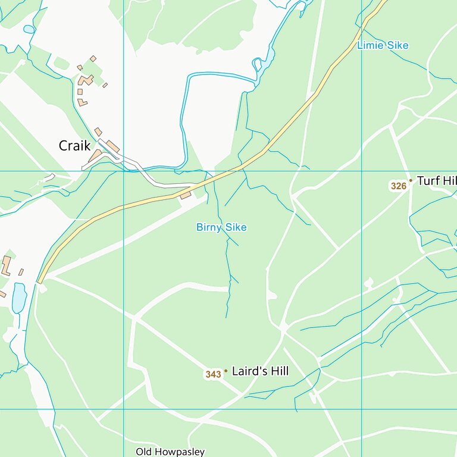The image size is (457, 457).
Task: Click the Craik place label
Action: pos(74,145)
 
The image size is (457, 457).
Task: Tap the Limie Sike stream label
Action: pos(383,45)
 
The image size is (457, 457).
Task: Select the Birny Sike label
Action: pos(221,227)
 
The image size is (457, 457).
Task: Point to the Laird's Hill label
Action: pos(260,371)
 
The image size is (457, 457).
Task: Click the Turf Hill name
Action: pos(436,181)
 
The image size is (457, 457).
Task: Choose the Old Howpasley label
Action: pos(170,452)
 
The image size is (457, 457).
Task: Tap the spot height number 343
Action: pos(213,374)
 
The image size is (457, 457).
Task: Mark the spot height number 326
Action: pos(398,186)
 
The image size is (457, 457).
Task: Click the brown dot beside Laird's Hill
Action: pos(226,371)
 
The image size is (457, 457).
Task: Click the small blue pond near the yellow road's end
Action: pos(19,297)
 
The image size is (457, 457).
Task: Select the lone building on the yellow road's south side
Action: pos(185,195)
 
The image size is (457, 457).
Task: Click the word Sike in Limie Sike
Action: pos(397,45)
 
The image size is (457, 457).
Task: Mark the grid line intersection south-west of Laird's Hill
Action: pos(123,409)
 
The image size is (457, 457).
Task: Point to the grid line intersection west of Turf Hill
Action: pos(362,171)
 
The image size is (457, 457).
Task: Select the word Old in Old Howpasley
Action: pos(144,452)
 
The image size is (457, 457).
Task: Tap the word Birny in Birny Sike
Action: pos(209,227)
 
